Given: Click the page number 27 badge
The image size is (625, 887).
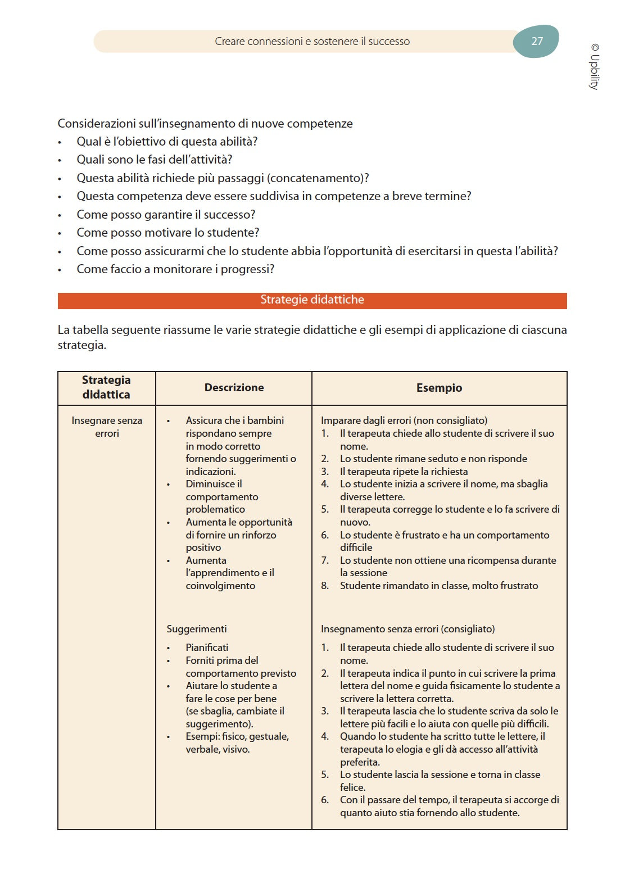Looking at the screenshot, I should click(536, 41).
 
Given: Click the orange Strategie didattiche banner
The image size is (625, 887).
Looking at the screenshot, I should click(312, 300).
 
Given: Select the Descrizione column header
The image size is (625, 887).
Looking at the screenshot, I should click(234, 388).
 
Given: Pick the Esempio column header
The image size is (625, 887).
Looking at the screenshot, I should click(439, 388).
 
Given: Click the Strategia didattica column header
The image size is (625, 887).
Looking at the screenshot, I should click(106, 387).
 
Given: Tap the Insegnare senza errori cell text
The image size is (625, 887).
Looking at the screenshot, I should click(107, 427).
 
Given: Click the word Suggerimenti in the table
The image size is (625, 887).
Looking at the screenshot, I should click(197, 629).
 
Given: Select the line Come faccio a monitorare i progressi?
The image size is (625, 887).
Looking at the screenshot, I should click(175, 269).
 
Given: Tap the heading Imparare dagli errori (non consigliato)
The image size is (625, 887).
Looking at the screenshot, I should click(404, 420).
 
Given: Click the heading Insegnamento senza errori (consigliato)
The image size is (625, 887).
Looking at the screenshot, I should click(408, 629).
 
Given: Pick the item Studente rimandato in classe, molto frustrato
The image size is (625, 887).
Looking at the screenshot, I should click(438, 586).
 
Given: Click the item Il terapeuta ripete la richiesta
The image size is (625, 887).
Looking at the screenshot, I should click(404, 472).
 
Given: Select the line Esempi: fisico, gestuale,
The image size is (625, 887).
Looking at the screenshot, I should click(237, 736).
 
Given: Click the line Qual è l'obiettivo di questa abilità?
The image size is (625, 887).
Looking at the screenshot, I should click(167, 142).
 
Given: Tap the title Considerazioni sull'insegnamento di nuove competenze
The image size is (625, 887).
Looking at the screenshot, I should click(205, 124).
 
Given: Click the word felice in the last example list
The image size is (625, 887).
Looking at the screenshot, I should click(352, 788).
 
